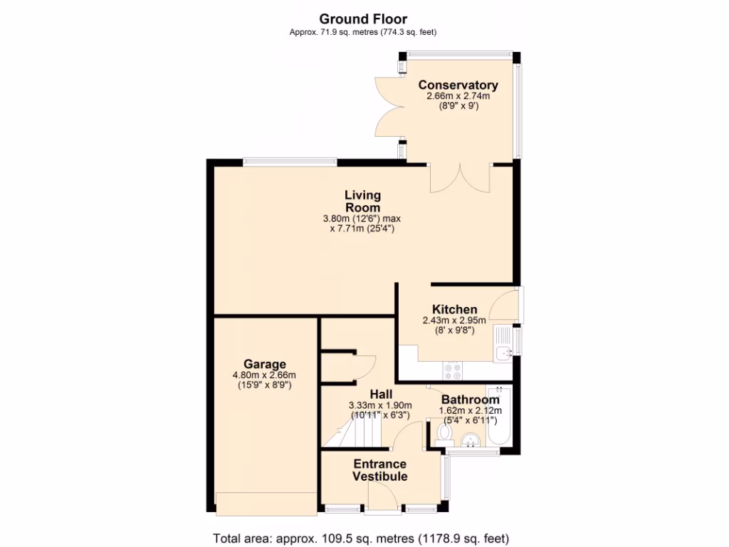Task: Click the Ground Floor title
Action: [363, 19]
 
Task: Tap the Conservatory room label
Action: [458, 85]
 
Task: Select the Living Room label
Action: [362, 201]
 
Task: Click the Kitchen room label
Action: [454, 309]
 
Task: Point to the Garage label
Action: [264, 364]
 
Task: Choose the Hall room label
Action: [380, 394]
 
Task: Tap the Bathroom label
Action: [470, 400]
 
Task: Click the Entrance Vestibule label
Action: [380, 470]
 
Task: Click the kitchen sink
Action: [505, 344]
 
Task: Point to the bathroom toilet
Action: [440, 436]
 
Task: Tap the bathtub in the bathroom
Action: [498, 417]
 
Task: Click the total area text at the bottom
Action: [362, 538]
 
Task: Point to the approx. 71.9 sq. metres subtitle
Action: [363, 32]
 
